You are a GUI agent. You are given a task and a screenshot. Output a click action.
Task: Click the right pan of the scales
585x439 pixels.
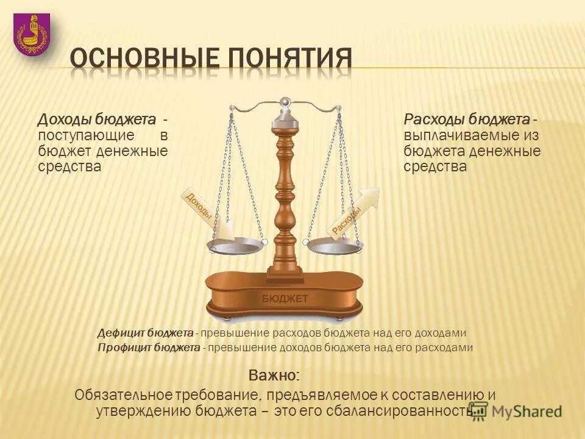coord(335,245)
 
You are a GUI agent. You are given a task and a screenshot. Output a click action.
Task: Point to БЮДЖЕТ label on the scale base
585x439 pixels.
coord(285,298)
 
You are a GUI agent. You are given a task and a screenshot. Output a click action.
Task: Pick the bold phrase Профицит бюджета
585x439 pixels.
coord(149,348)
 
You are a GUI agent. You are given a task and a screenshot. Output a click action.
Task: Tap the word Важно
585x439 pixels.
coord(274,374)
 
